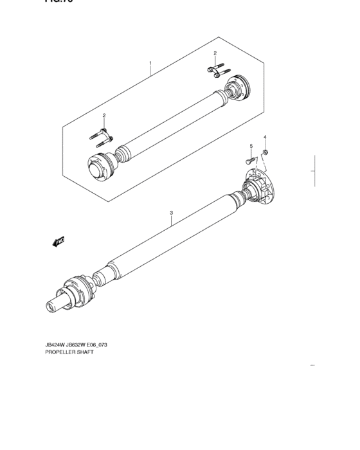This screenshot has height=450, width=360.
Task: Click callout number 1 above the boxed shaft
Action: tap(150, 63)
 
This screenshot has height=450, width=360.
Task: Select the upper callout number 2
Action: tap(215, 53)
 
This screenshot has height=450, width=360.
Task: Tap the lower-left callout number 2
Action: tap(104, 116)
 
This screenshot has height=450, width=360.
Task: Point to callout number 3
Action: tap(172, 212)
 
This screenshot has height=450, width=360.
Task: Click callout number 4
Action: tap(264, 137)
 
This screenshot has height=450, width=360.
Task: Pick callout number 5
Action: tap(251, 147)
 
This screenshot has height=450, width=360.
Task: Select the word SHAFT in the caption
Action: tap(84, 352)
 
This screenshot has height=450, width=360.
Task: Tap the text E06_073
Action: tap(94, 345)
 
